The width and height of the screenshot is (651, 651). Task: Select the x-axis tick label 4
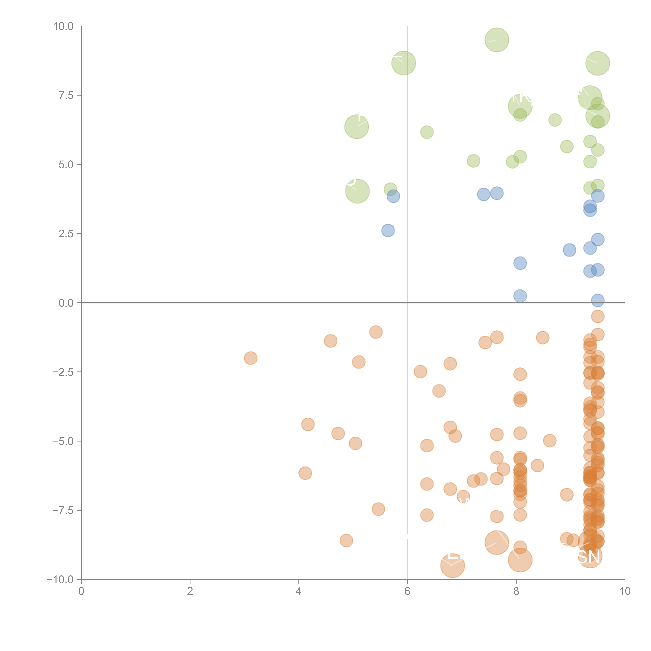[299, 591]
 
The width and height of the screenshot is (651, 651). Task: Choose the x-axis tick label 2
[190, 591]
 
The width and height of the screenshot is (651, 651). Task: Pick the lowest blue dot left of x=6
[388, 230]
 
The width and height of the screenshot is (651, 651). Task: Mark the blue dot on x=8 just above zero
[520, 296]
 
